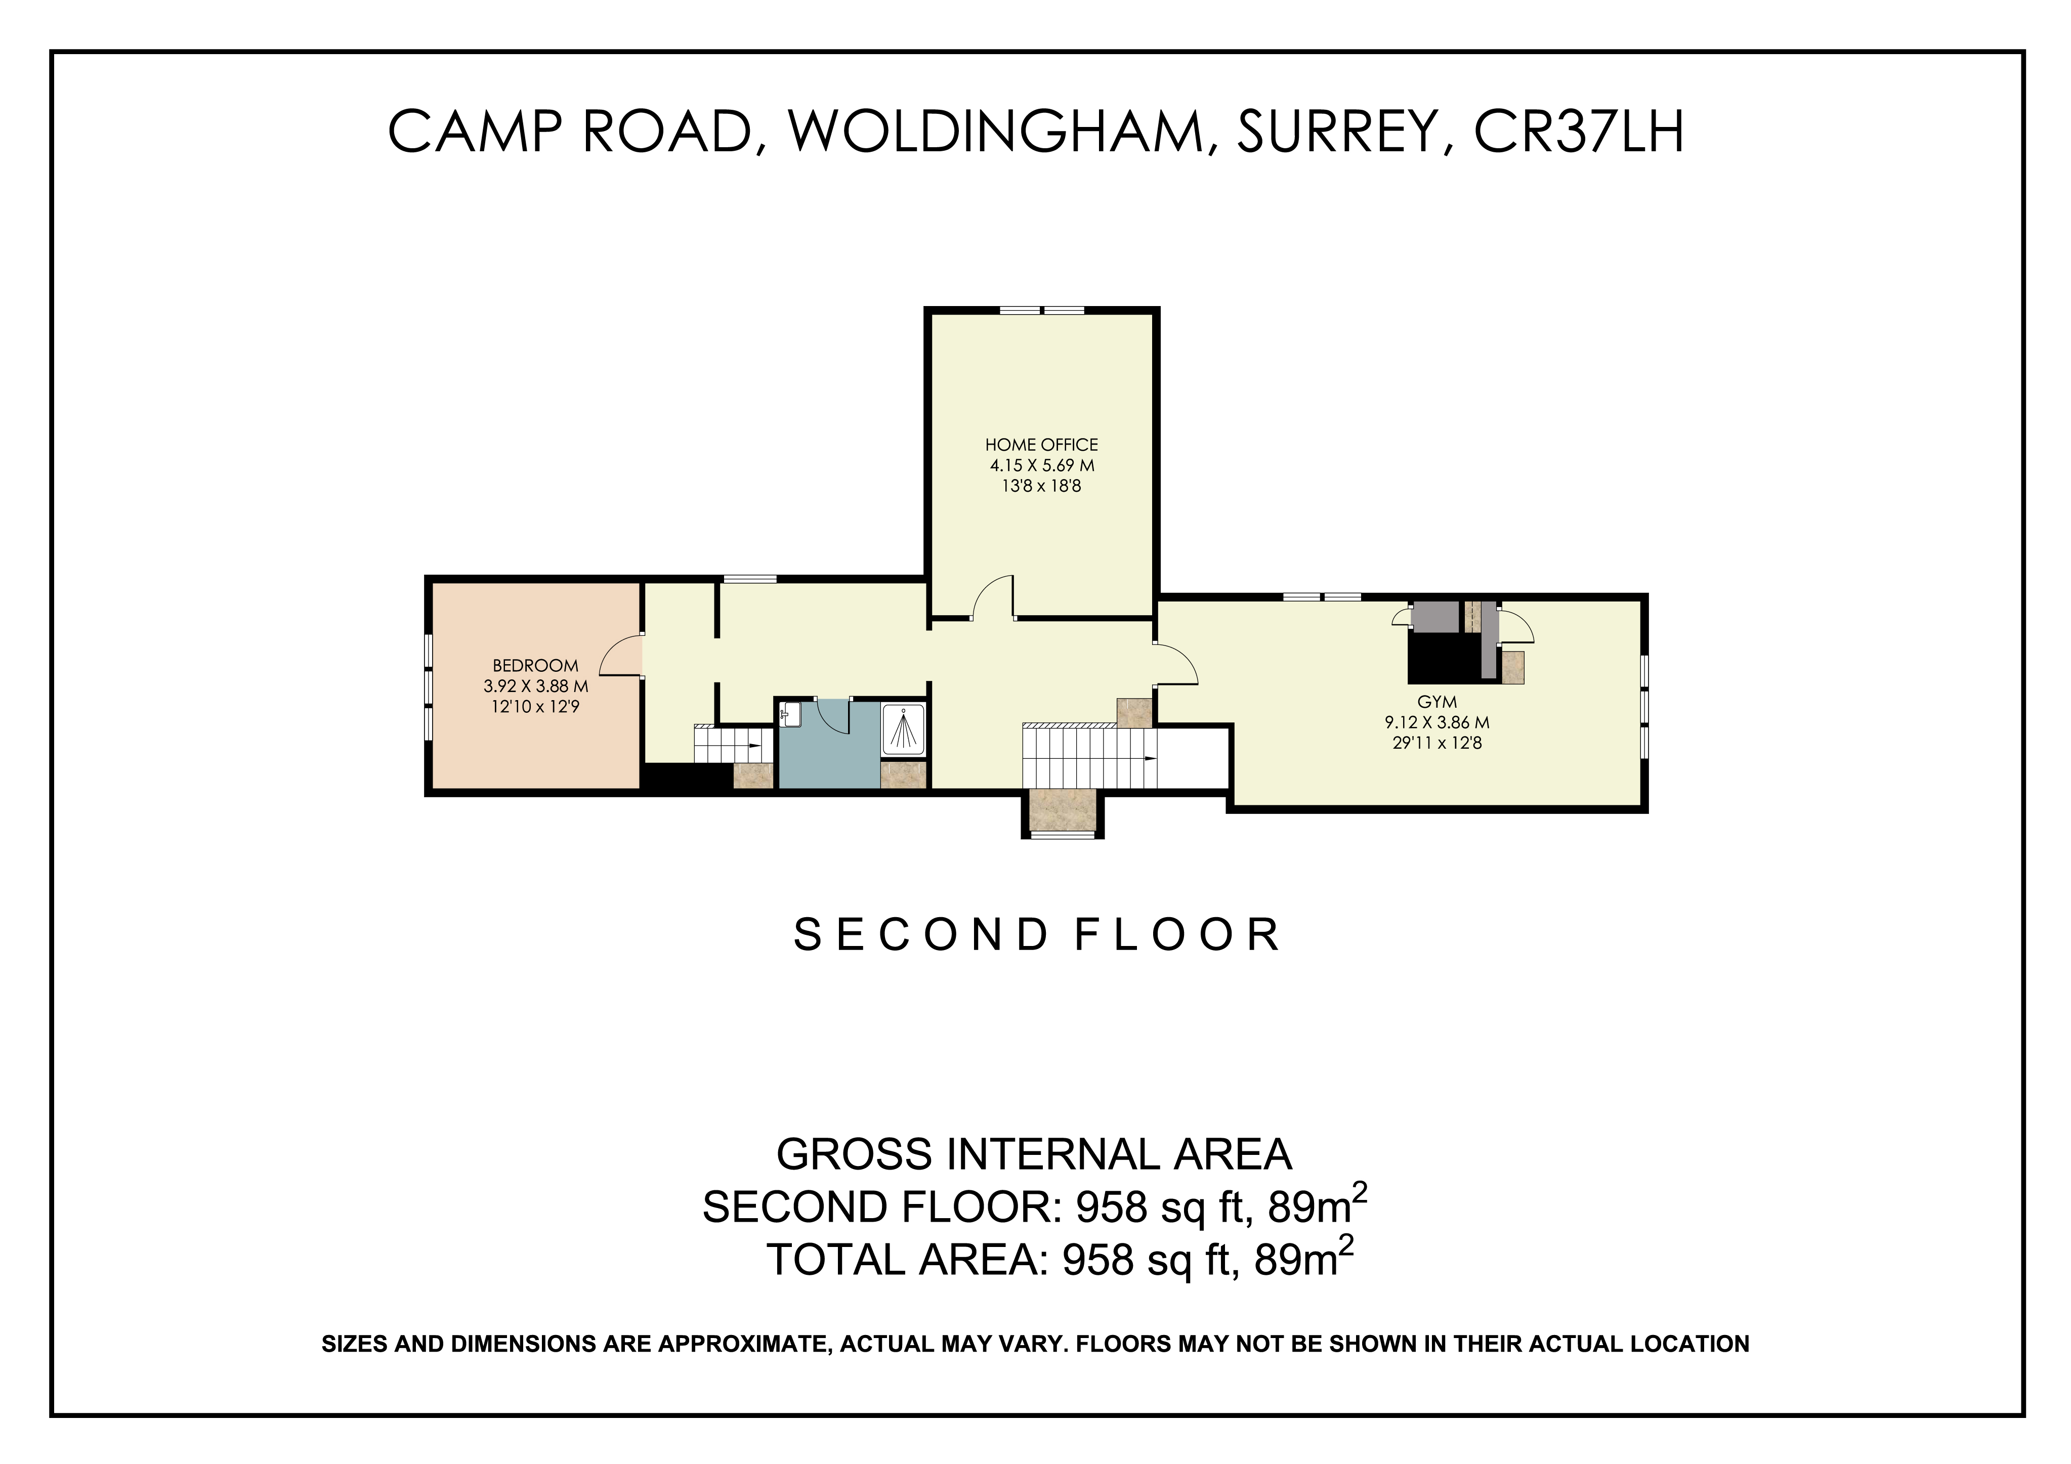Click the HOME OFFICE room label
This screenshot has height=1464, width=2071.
(x=1041, y=445)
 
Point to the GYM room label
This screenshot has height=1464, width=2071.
(x=1437, y=702)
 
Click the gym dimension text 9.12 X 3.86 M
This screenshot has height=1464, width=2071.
(x=1437, y=722)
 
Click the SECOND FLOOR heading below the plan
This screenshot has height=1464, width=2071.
(x=1037, y=935)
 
